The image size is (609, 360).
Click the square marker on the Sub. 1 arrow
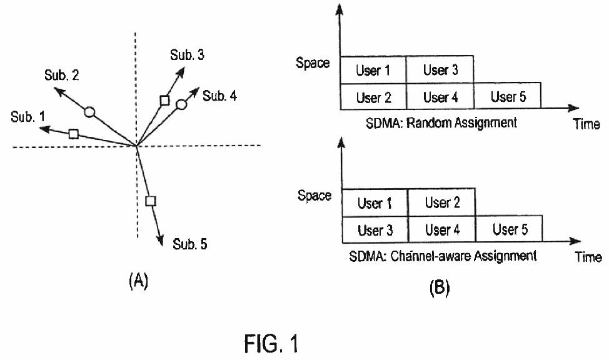pos(73,134)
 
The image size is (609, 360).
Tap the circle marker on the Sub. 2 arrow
pos(89,112)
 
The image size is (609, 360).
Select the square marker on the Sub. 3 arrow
pos(164,101)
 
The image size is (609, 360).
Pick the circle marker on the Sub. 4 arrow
pos(181,104)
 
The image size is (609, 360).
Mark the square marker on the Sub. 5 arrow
pos(151,201)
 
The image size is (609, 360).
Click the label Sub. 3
pos(187,55)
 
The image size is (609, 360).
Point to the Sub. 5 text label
pos(190,244)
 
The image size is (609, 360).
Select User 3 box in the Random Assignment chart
pos(440,69)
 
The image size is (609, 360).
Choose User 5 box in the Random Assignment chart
pos(508,96)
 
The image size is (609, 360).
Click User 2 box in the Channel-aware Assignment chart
pos(441,202)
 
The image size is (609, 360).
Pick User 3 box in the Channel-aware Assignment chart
pos(375,229)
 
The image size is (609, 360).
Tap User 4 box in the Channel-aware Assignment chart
pos(442,229)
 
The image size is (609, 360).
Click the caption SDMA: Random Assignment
pos(441,122)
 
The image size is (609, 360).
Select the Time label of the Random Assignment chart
pos(586,124)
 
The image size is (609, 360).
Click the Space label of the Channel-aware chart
pos(315,195)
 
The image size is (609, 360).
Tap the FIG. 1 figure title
pos(271,344)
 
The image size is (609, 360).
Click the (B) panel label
pos(440,287)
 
